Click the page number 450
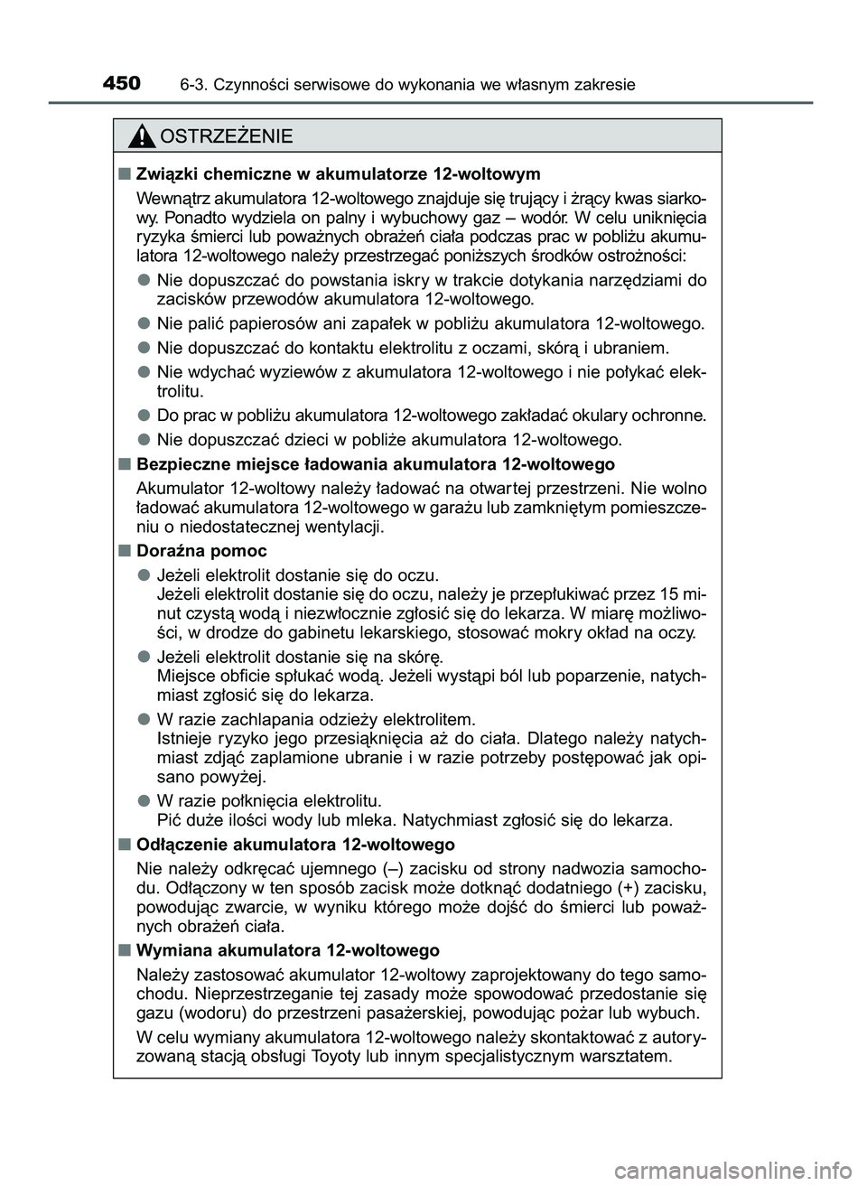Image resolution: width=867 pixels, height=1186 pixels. click(x=121, y=84)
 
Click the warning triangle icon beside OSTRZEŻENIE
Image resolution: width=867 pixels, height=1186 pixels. click(x=142, y=137)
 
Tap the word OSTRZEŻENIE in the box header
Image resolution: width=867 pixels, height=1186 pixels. click(x=226, y=137)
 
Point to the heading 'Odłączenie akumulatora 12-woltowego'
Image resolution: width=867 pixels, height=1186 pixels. click(x=294, y=845)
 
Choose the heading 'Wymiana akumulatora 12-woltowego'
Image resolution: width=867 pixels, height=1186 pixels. click(x=287, y=950)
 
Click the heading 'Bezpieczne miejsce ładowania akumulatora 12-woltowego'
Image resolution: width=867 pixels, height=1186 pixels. click(x=375, y=464)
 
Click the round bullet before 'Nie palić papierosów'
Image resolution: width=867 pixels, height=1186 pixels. click(x=144, y=323)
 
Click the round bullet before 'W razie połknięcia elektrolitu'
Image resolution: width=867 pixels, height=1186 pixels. click(x=144, y=800)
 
